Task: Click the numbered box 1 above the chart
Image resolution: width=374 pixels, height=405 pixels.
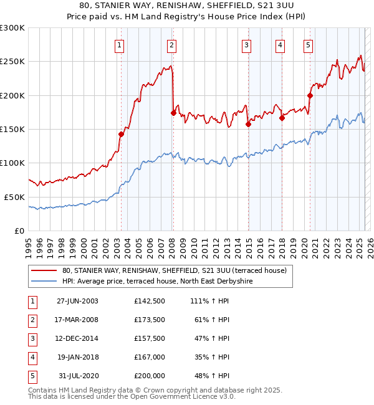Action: tap(118, 44)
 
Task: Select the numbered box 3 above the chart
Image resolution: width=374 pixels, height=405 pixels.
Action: tap(247, 44)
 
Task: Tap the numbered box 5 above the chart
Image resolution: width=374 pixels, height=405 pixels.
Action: tap(309, 44)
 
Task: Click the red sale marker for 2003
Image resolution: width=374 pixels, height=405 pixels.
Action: tap(122, 134)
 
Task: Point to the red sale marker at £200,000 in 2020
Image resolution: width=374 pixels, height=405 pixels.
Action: tap(310, 95)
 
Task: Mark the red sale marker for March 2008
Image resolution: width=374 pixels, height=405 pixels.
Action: tap(173, 113)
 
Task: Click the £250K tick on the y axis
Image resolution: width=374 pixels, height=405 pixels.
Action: tap(12, 62)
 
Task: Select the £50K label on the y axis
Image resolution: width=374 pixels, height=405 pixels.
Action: tap(14, 197)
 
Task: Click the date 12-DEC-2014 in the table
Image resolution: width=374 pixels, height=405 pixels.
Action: tap(77, 338)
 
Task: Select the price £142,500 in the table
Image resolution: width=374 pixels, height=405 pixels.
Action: tap(150, 301)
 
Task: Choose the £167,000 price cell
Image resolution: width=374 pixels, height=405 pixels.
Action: tap(150, 357)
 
